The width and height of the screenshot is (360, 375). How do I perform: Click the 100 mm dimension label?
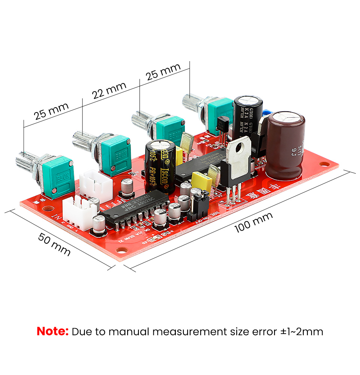tap(253, 222)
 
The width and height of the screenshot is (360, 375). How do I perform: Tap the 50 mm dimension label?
tap(54, 244)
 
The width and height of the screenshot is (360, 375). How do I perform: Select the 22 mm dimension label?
tap(109, 90)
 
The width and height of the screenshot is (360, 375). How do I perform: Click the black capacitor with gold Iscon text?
tap(160, 165)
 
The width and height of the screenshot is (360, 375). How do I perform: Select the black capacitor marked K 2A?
tap(247, 116)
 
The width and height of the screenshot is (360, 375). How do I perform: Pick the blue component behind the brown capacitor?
tap(267, 112)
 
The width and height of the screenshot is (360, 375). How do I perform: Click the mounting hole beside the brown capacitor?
tap(324, 164)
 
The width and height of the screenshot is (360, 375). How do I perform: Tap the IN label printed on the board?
tap(57, 217)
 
